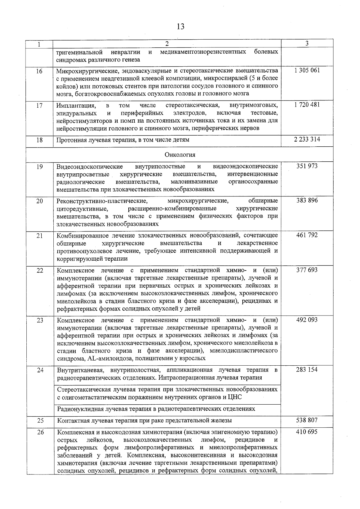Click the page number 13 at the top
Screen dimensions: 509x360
tap(180, 27)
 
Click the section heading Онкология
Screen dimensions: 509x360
tap(180, 155)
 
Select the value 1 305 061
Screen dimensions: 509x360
tap(307, 70)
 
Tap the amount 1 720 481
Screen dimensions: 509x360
tap(307, 105)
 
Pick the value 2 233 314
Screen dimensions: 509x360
tap(307, 139)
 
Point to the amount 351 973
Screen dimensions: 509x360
tap(307, 166)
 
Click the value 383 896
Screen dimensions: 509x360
tap(307, 200)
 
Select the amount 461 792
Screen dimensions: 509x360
tap(307, 235)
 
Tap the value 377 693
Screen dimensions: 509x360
tap(307, 270)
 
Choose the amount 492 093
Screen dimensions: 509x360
tap(307, 320)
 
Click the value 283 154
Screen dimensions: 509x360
tap(307, 370)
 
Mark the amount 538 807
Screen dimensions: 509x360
tap(307, 420)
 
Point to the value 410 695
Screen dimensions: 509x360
tap(307, 432)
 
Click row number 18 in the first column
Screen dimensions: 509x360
tap(40, 140)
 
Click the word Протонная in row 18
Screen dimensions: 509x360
tap(71, 140)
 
